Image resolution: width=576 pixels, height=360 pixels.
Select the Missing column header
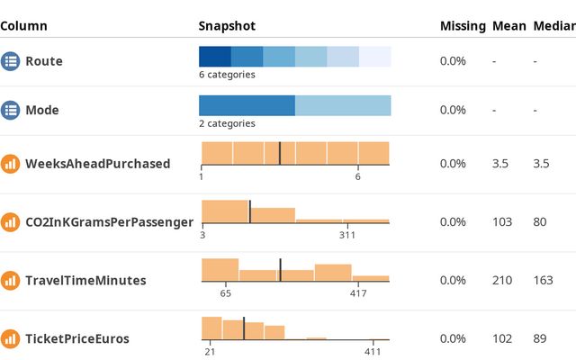pos(463,26)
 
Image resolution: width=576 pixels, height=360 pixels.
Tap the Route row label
pos(44,61)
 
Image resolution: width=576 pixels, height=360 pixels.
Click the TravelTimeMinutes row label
pos(85,280)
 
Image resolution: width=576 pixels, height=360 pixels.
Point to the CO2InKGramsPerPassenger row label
pos(109,221)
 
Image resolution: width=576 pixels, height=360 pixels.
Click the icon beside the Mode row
pos(11,110)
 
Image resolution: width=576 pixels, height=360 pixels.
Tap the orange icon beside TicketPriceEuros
pos(11,338)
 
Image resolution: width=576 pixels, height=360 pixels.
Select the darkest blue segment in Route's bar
pos(214,56)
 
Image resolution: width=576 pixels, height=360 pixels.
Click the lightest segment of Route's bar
pos(375,56)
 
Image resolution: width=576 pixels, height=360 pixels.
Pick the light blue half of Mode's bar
pos(343,104)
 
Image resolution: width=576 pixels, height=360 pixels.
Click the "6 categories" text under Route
pos(227,75)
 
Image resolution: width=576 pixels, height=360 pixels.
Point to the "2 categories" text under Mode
pos(227,123)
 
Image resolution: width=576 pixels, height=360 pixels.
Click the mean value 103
pos(502,221)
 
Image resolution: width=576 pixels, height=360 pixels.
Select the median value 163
pos(543,280)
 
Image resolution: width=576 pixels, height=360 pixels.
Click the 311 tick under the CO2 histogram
pos(347,235)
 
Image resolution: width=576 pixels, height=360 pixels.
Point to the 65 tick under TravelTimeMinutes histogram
pos(226,293)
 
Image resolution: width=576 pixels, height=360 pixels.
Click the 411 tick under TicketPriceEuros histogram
pos(373,352)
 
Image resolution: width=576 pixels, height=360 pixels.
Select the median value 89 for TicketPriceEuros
pos(540,338)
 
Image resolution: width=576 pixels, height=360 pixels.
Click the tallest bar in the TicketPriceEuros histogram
pos(211,328)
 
